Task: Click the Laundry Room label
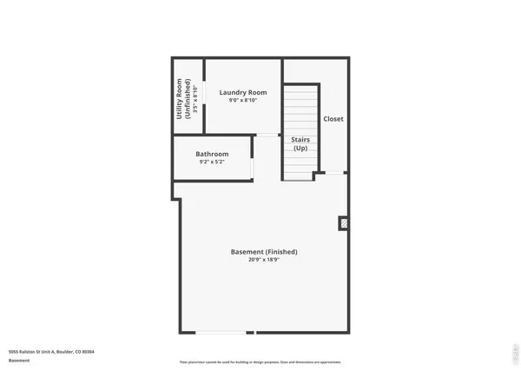(x=242, y=92)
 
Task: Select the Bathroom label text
(x=212, y=154)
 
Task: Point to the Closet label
(x=333, y=119)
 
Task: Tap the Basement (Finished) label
(x=264, y=252)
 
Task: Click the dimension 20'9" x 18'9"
(x=264, y=260)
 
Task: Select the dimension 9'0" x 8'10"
(x=242, y=100)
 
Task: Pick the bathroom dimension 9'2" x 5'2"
(x=212, y=162)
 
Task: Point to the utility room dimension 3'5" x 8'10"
(x=195, y=99)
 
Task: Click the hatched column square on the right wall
(x=344, y=223)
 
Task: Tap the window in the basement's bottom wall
(x=220, y=332)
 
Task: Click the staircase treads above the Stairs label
(x=300, y=109)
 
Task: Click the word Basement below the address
(x=20, y=360)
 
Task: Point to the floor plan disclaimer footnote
(x=260, y=361)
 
